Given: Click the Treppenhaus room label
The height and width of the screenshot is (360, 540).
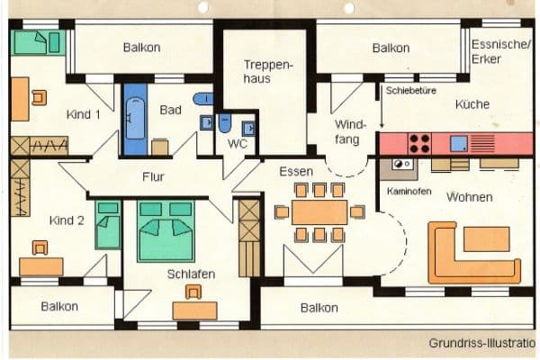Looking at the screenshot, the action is click(x=268, y=72).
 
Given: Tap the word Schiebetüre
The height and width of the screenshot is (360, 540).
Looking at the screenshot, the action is click(x=411, y=91).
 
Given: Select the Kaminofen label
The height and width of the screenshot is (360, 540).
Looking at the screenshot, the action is click(x=409, y=191).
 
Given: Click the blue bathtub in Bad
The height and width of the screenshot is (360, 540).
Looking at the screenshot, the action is click(x=135, y=119).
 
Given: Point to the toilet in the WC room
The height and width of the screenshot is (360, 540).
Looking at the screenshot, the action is click(x=225, y=123).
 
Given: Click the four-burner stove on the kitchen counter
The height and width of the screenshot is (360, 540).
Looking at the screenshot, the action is click(x=419, y=144).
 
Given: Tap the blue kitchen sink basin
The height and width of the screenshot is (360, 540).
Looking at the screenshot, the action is click(x=459, y=143).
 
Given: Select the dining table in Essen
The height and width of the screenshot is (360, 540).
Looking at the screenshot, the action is click(x=319, y=212).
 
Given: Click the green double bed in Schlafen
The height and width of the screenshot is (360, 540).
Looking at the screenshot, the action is click(x=166, y=231).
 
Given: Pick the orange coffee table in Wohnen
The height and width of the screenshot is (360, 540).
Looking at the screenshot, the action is click(x=486, y=238).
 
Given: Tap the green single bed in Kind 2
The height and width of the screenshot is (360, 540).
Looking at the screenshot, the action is click(x=108, y=225).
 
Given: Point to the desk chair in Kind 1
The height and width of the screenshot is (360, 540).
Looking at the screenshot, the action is click(x=40, y=97).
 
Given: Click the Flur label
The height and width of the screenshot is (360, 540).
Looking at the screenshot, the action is click(x=153, y=176).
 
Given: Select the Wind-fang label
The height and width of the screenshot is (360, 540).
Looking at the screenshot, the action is click(x=348, y=131).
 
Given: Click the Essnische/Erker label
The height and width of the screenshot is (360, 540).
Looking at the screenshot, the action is click(x=500, y=51).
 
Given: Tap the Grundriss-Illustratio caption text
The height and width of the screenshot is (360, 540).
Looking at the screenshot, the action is click(x=482, y=343).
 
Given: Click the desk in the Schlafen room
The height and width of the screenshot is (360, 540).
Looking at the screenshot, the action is click(x=195, y=310).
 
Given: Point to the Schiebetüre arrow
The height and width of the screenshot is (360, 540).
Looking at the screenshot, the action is click(x=382, y=107).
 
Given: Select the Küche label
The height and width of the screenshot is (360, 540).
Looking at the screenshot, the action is click(x=472, y=104).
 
